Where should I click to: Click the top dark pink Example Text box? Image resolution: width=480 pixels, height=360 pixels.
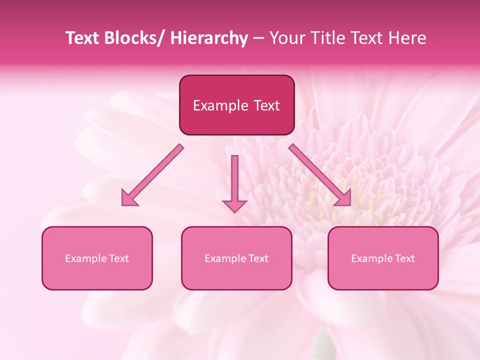(236, 105)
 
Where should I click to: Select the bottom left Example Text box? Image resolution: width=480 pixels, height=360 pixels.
(97, 258)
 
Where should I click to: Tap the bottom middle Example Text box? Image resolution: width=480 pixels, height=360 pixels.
(236, 258)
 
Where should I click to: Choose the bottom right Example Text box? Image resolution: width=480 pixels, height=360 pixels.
(383, 258)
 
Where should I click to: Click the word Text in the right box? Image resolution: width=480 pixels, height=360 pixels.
(404, 258)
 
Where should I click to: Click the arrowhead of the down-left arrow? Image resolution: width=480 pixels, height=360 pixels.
(129, 198)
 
